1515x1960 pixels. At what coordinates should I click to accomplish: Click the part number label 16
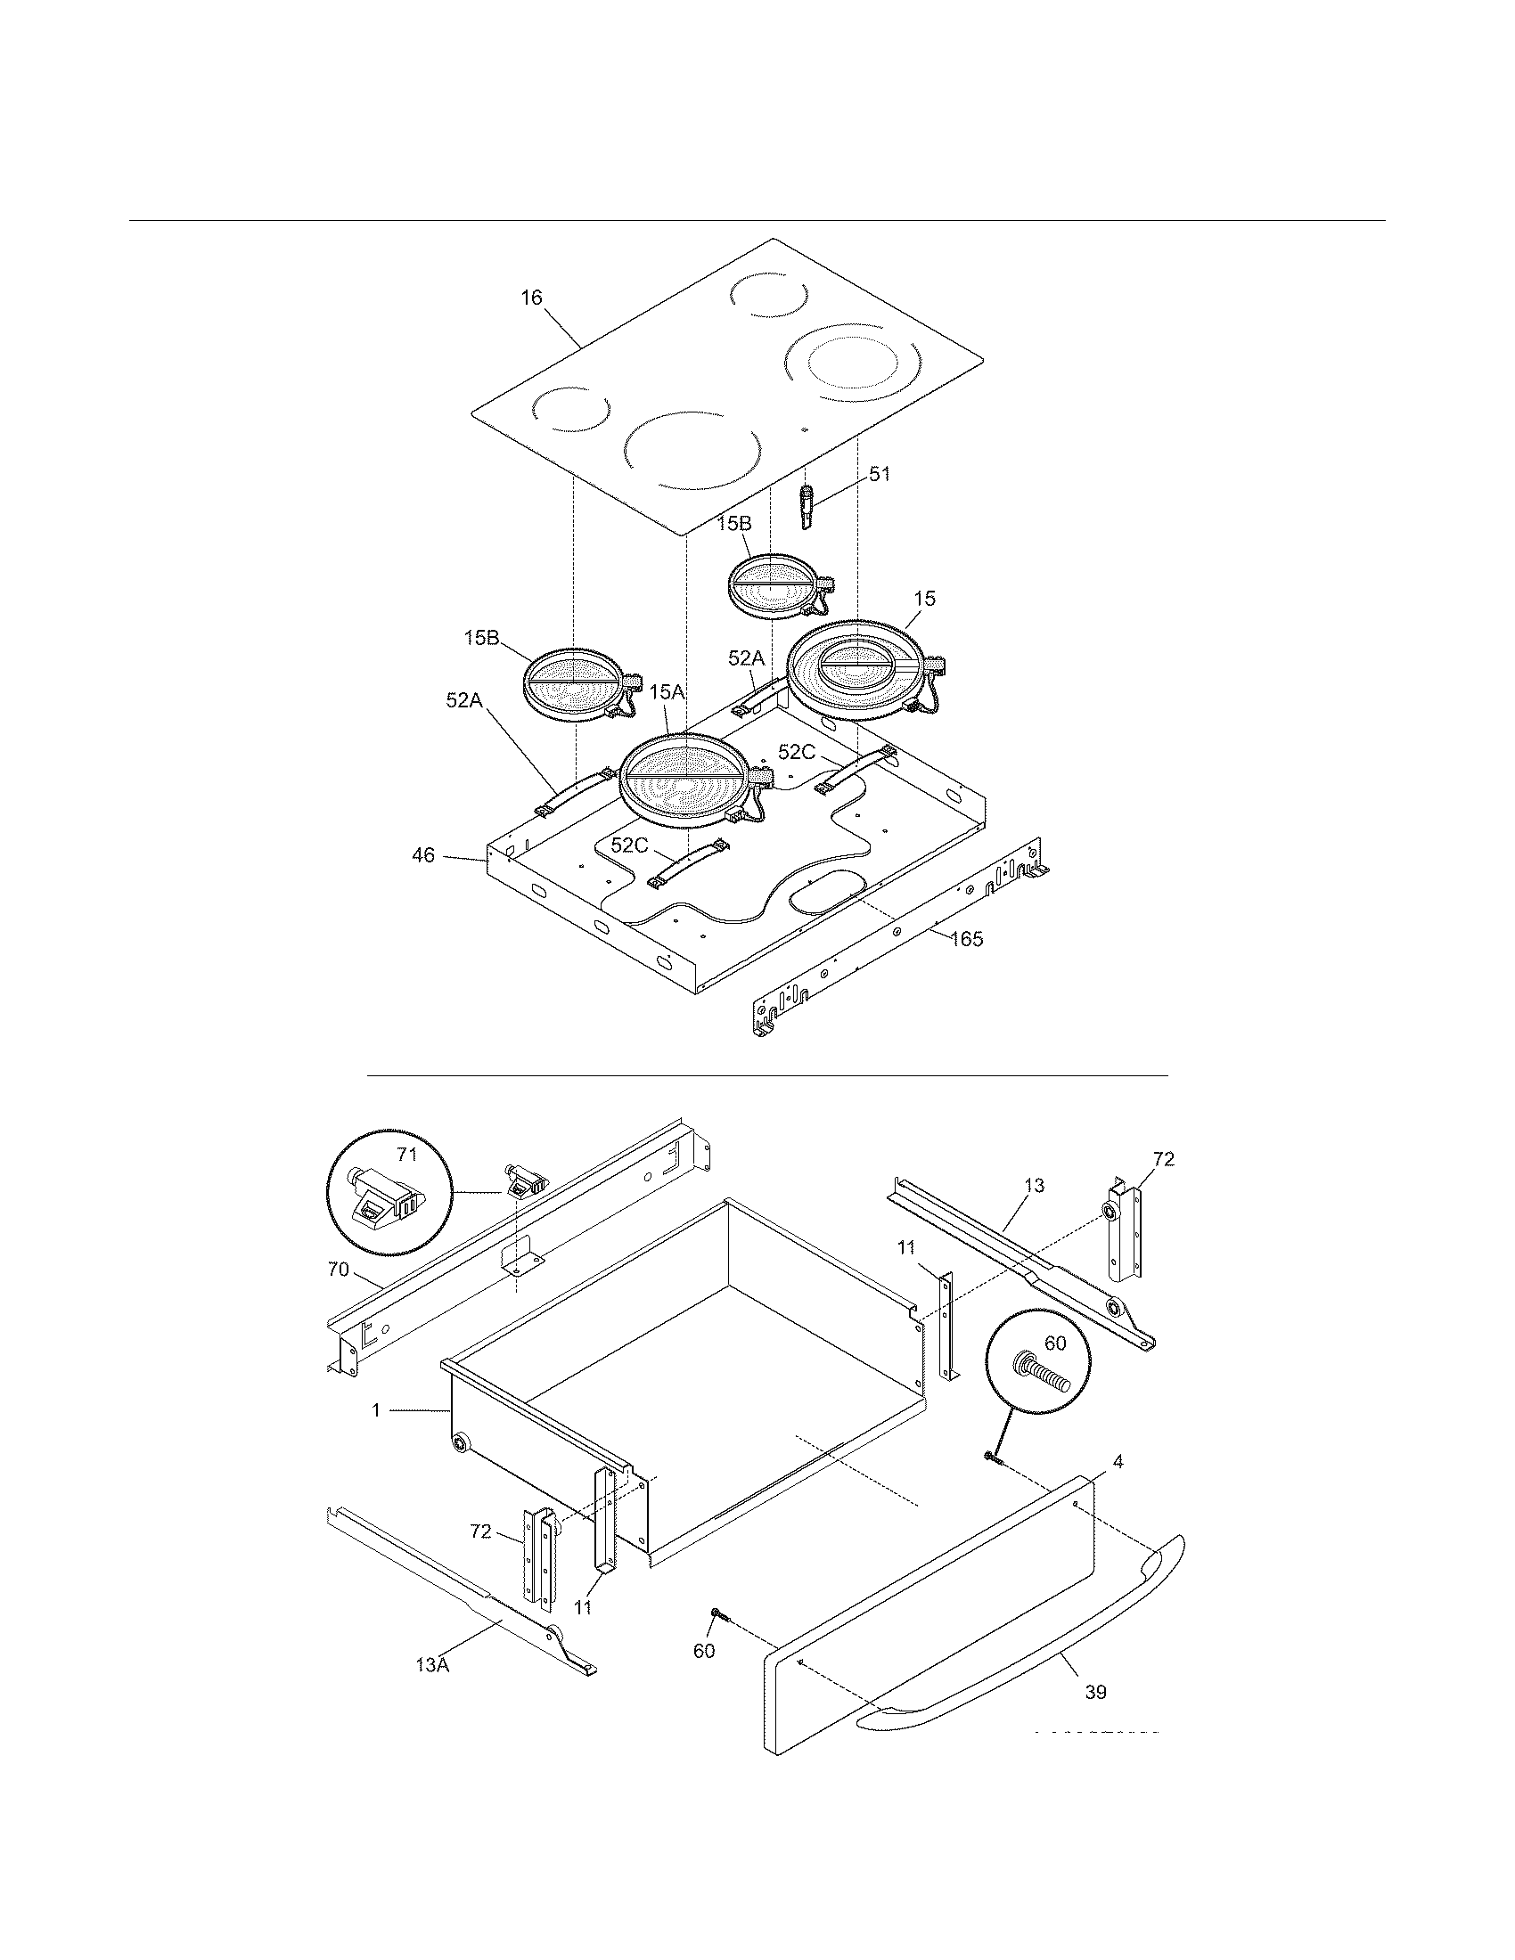(532, 298)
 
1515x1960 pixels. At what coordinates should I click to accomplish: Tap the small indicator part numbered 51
(806, 506)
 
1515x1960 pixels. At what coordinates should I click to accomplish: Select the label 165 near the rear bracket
(967, 939)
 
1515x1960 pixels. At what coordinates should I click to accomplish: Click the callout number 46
(422, 855)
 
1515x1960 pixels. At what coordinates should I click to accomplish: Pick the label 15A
(667, 692)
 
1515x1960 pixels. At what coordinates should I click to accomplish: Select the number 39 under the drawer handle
(1095, 1693)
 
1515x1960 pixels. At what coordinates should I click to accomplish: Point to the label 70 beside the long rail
(338, 1270)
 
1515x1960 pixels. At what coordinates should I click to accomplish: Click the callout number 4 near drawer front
(1118, 1462)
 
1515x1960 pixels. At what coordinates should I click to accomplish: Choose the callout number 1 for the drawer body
(376, 1411)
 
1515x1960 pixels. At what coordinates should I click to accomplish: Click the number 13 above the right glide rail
(1034, 1186)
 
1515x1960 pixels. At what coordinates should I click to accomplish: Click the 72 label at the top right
(1163, 1158)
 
